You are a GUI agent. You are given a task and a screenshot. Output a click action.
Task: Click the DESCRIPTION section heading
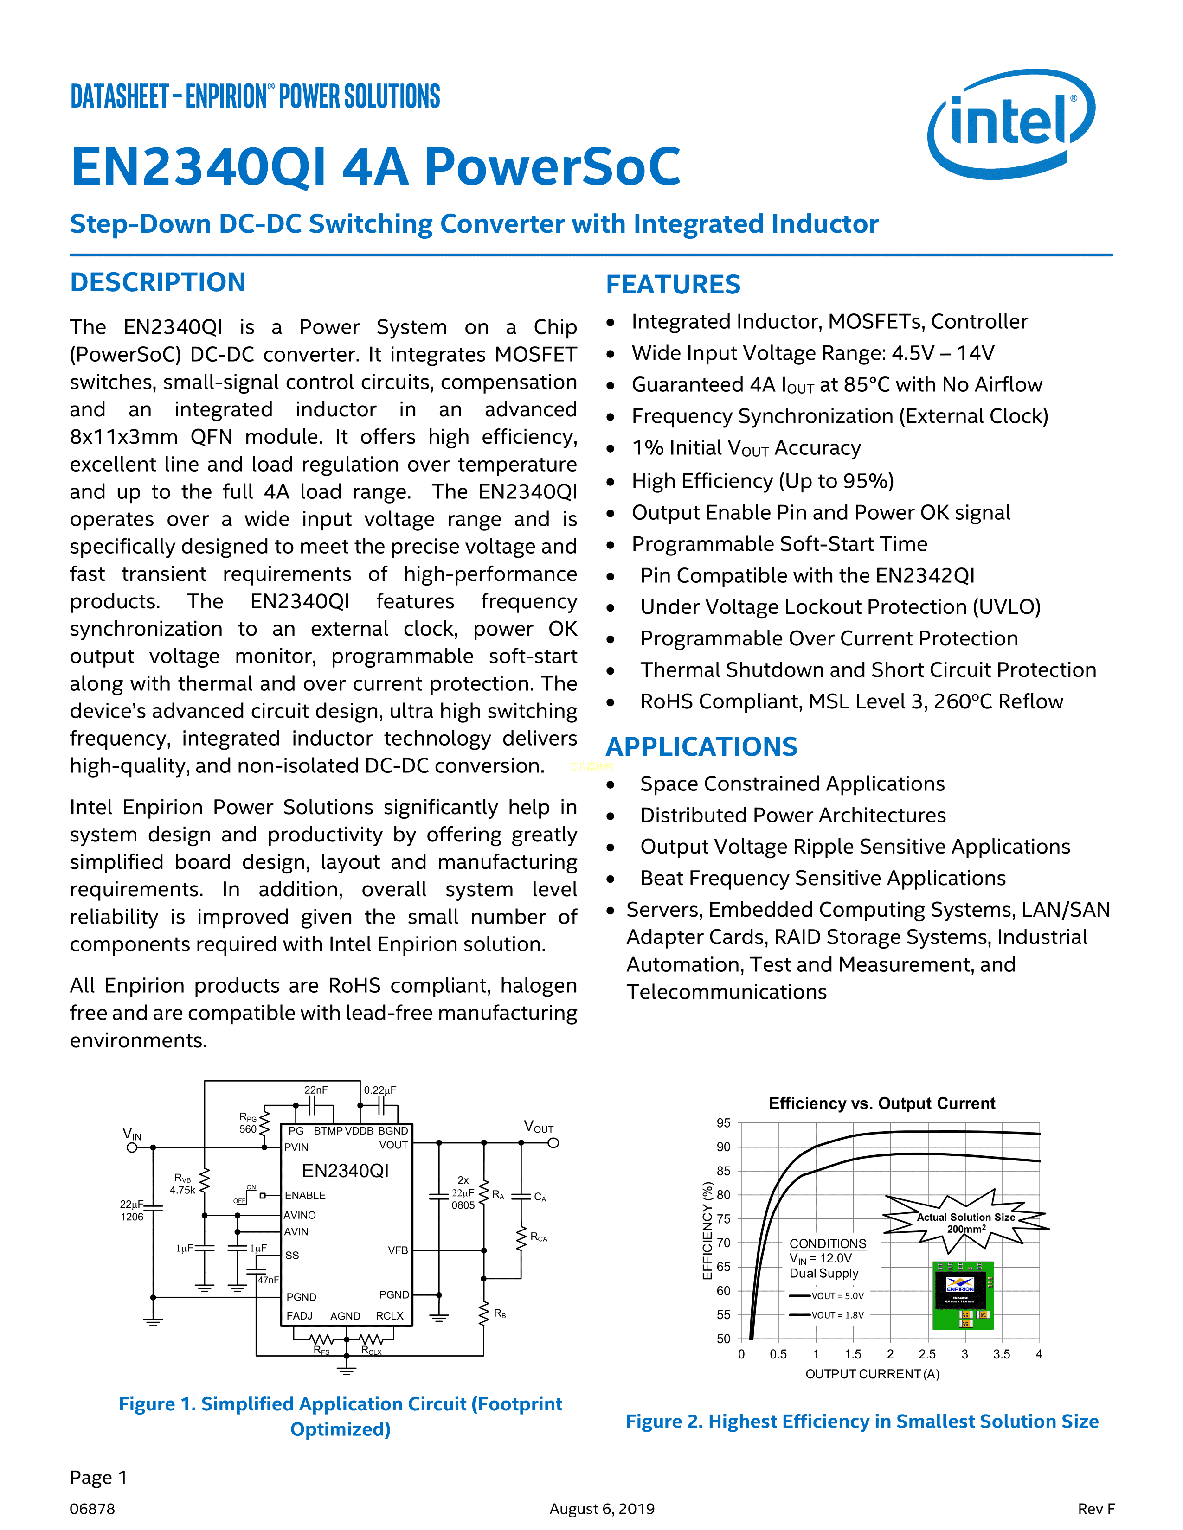[x=158, y=282]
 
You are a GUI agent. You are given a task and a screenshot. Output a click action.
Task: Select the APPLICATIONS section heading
[x=701, y=747]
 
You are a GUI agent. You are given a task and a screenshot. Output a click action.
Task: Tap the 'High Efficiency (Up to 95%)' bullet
[x=763, y=481]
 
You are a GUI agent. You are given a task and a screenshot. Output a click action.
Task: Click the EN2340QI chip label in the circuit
[x=345, y=1171]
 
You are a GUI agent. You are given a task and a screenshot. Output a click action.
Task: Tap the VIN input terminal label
[x=132, y=1134]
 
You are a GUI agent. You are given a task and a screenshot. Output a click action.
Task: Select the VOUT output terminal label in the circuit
[x=538, y=1127]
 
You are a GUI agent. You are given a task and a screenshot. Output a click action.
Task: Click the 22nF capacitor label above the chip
[x=315, y=1090]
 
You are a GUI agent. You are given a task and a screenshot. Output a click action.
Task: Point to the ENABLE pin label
[x=305, y=1195]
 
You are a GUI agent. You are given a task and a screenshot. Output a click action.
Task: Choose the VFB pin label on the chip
[x=398, y=1250]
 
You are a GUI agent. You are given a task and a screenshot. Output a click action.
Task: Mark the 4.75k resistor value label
[x=182, y=1190]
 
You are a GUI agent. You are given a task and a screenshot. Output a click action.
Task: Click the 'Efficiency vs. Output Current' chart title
[x=881, y=1103]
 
